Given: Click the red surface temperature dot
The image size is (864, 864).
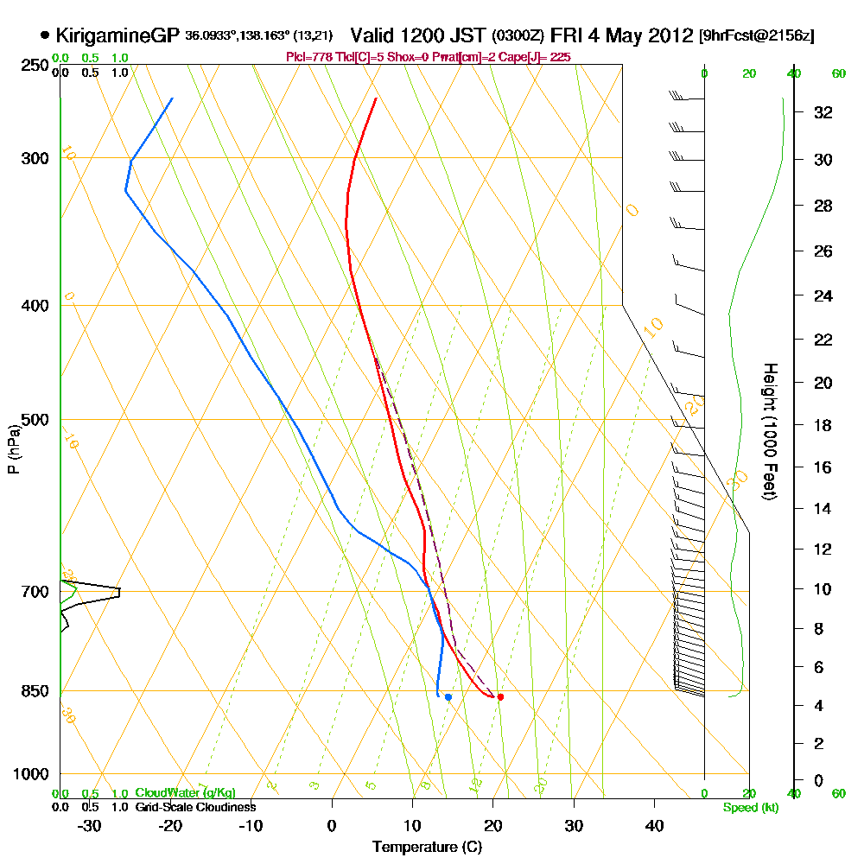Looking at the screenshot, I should point(500,696).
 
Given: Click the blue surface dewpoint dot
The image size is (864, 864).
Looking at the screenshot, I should point(448,696).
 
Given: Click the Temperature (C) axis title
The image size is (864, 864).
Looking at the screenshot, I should point(427,847).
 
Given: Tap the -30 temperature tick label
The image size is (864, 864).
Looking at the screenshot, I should point(90,826).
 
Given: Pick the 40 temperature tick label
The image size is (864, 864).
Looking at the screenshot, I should point(654,826).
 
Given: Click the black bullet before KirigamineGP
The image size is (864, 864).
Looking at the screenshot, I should point(44,35).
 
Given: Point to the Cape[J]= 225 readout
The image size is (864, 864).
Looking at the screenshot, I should point(538,57).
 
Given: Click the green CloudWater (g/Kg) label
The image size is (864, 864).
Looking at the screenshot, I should point(185,793).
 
